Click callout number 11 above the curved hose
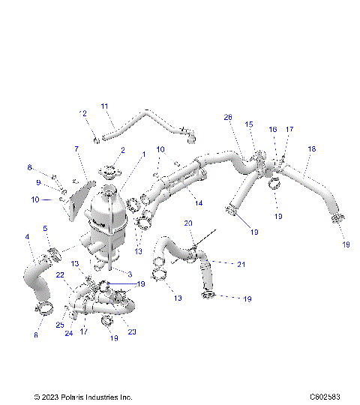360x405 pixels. (x=105, y=106)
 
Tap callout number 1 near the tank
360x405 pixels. (x=143, y=154)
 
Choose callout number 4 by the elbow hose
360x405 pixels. (x=28, y=238)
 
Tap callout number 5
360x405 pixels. (x=45, y=229)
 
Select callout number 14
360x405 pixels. (x=199, y=203)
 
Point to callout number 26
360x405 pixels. (x=229, y=117)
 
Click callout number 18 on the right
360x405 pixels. (x=310, y=149)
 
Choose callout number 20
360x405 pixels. (x=188, y=223)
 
